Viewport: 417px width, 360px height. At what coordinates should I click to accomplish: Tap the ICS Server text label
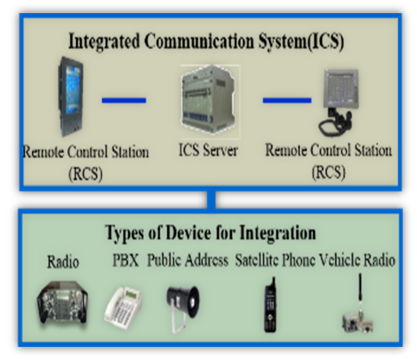(208, 150)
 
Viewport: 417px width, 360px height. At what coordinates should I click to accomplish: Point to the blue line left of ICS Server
(124, 101)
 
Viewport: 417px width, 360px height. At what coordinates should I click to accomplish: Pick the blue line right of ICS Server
(287, 101)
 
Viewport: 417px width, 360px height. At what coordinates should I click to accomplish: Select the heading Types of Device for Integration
(210, 233)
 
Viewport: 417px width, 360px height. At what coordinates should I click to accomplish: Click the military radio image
(63, 302)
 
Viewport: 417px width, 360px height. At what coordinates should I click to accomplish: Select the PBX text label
(125, 260)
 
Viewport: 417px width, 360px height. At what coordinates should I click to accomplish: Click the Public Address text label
(188, 260)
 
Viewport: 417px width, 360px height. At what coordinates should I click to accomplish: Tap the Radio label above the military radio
(63, 262)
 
